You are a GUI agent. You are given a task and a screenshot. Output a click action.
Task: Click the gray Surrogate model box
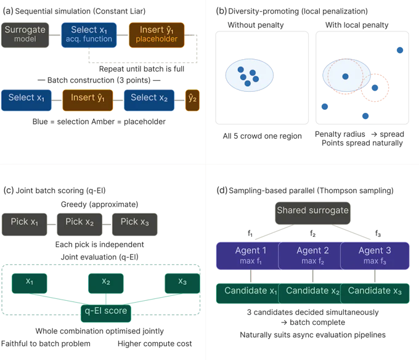pos(25,34)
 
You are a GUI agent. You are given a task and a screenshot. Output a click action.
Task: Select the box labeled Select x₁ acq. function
pos(89,34)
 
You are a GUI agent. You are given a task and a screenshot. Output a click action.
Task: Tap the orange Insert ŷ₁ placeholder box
pos(157,34)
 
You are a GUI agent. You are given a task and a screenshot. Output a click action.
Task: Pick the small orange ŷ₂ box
pos(192,100)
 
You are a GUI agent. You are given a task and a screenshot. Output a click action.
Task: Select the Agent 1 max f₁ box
pos(250,256)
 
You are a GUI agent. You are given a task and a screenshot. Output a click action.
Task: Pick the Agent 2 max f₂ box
pos(312,256)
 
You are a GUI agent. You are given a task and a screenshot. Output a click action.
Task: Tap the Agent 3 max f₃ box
pos(375,256)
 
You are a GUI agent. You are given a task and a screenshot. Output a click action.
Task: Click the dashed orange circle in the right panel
pos(375,88)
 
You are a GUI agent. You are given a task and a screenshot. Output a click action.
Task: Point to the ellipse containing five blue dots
pos(249,76)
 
